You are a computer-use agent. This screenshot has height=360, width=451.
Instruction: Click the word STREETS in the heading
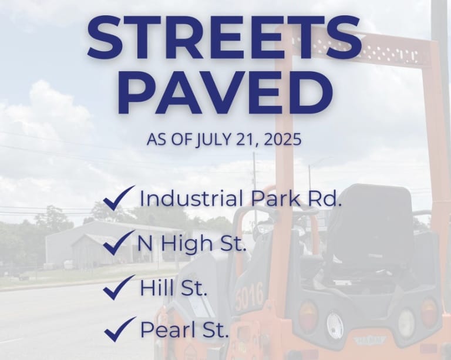click(225, 37)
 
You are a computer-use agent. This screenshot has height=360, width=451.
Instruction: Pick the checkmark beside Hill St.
click(119, 287)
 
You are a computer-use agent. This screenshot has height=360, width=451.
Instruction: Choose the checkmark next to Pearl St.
click(120, 329)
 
